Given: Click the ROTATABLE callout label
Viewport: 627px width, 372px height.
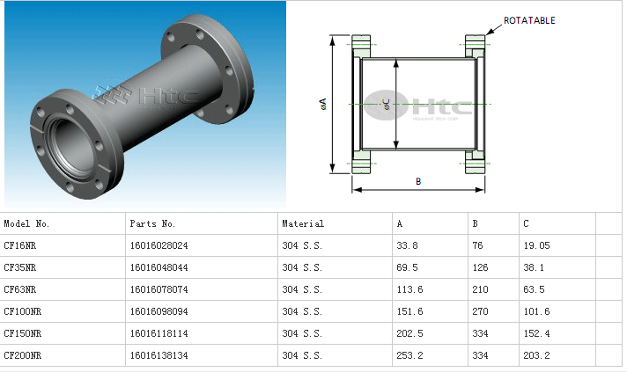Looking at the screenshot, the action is (x=529, y=20).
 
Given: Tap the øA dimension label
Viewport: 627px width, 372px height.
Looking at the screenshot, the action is (x=323, y=104).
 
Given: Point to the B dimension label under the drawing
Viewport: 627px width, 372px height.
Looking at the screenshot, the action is (x=418, y=181).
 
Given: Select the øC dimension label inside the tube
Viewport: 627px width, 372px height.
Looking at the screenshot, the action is (x=387, y=105).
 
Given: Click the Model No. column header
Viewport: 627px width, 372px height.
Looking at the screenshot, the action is (x=26, y=223).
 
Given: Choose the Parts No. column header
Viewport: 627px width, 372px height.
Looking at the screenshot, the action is (x=152, y=223).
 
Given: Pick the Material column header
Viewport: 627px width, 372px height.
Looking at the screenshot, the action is (x=303, y=223).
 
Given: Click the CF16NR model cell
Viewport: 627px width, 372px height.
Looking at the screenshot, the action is (x=20, y=245).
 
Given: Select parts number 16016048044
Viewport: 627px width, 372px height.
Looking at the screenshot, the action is (x=159, y=267).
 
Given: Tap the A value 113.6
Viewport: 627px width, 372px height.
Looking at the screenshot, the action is (x=409, y=289).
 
